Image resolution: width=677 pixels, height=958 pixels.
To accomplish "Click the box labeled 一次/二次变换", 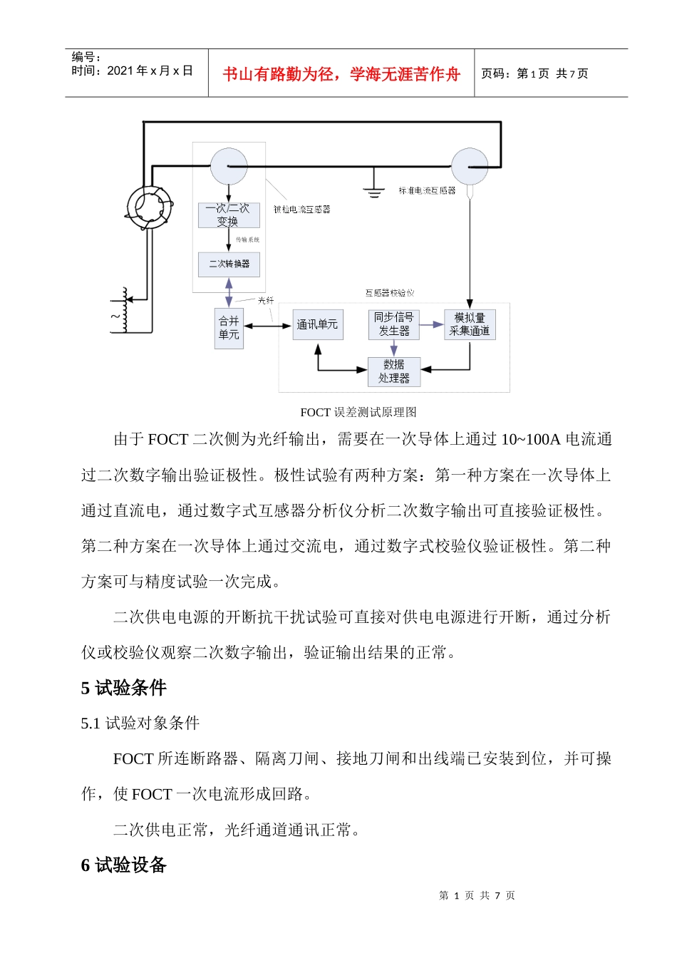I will (x=229, y=215).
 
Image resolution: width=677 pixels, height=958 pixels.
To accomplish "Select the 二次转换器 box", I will (x=229, y=264).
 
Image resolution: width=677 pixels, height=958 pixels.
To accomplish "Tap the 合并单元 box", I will (x=229, y=328).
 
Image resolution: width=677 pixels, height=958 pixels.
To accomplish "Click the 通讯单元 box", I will (x=317, y=325).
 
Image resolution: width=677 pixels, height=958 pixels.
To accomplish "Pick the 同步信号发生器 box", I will (x=393, y=324).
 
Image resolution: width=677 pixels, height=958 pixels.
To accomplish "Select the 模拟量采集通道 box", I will (x=469, y=324).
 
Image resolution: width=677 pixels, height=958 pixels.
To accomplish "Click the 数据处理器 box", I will (x=393, y=371).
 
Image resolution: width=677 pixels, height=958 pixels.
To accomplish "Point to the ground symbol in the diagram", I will (x=373, y=189).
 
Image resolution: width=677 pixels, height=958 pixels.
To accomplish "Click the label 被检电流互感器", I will (x=302, y=210).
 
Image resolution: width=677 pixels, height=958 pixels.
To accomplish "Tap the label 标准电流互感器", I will (x=427, y=191).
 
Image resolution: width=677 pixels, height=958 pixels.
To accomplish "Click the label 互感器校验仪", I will (x=390, y=293).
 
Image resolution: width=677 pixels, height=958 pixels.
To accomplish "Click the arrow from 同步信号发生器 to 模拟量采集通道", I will (x=431, y=325).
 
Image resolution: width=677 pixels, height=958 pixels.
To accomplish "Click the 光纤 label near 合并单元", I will (x=266, y=301).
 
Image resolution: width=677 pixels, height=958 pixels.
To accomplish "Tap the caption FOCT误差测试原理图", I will (x=358, y=412).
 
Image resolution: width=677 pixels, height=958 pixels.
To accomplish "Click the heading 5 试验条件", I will (x=124, y=688).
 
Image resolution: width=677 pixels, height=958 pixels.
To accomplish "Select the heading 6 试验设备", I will (x=124, y=865).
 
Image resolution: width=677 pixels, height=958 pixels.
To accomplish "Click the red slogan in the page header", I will (x=341, y=74).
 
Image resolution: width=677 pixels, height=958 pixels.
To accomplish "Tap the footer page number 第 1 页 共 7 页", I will (x=477, y=895).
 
